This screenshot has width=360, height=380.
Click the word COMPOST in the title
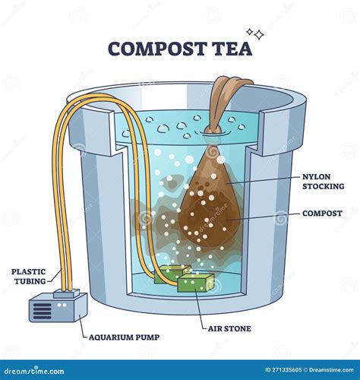pos(155,49)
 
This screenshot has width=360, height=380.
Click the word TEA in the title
pos(228,49)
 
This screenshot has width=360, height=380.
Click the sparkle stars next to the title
pos(257,34)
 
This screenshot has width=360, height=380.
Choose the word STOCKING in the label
pos(323,186)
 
